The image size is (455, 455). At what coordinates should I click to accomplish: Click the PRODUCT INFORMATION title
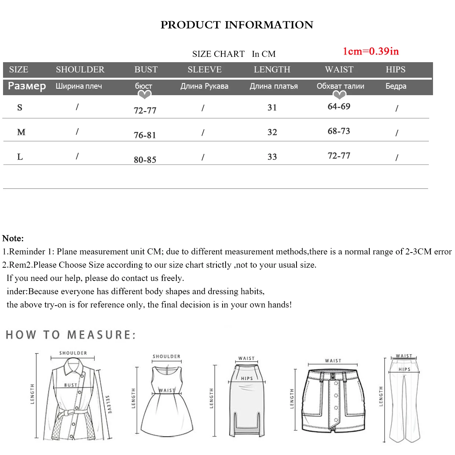[237, 25]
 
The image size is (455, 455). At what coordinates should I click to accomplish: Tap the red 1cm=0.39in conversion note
[370, 51]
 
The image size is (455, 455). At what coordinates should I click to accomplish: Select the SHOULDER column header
[80, 69]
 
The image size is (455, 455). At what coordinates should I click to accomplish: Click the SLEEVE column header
[204, 69]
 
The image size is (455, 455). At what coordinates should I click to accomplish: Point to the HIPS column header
[395, 69]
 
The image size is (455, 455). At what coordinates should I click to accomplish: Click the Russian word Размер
[27, 86]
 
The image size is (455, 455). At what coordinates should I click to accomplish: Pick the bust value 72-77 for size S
[145, 110]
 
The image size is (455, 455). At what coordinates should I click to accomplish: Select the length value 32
[272, 132]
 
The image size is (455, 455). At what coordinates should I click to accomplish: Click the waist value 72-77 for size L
[339, 155]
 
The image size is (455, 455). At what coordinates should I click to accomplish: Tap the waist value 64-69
[339, 107]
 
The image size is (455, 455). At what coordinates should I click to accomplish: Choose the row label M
[21, 132]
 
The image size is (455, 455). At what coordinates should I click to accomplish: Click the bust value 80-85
[145, 160]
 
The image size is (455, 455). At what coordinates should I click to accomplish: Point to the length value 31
[272, 107]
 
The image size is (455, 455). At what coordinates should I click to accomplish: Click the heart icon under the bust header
[144, 95]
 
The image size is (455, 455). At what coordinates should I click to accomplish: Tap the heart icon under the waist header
[339, 95]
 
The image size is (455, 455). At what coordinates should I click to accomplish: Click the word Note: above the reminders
[13, 238]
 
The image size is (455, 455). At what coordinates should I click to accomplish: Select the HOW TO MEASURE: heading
[71, 335]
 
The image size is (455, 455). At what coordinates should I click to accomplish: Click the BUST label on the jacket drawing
[71, 385]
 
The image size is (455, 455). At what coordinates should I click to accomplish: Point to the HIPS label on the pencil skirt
[247, 378]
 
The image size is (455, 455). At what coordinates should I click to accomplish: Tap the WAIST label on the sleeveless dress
[167, 390]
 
